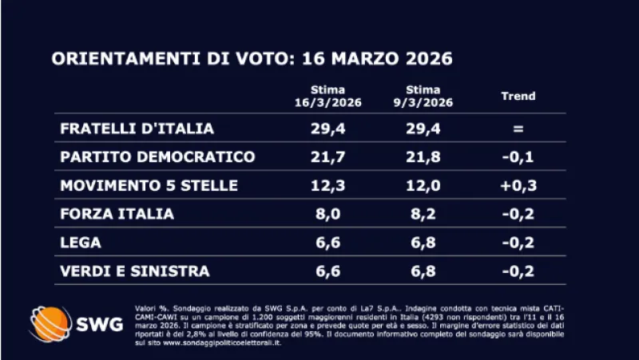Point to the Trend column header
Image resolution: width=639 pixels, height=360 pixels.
tap(518, 97)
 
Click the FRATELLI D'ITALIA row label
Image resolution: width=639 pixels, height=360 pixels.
tap(137, 129)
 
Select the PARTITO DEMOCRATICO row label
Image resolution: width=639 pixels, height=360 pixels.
tap(157, 156)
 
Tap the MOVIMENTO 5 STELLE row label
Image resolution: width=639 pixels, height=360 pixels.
tap(149, 185)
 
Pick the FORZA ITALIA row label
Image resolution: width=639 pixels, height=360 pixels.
tap(117, 214)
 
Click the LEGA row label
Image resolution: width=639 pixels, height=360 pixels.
tap(79, 243)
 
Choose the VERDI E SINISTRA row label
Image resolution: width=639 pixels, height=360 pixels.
tap(135, 271)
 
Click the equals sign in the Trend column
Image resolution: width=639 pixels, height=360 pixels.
tap(518, 129)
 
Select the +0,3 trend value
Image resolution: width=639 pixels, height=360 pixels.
tap(518, 185)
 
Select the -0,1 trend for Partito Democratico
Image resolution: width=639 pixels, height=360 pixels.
tap(518, 156)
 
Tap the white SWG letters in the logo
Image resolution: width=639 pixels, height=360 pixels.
tap(99, 324)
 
